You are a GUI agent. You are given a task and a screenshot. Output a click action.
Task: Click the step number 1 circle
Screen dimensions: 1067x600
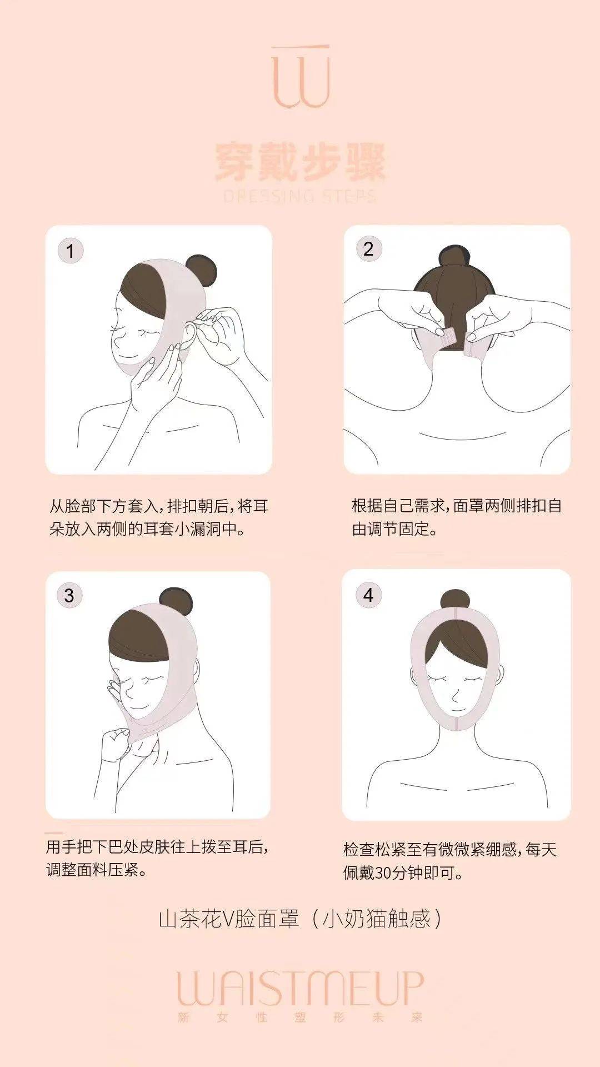(70, 251)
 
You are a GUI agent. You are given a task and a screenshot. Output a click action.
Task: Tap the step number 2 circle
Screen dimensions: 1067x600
(368, 249)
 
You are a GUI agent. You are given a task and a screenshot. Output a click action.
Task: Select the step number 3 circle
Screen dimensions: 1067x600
(69, 596)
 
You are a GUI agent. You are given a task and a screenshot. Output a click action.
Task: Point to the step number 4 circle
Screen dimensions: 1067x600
(368, 595)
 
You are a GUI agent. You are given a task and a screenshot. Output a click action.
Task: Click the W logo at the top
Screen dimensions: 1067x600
(301, 77)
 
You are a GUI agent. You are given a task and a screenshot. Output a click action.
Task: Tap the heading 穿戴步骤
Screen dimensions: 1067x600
(300, 162)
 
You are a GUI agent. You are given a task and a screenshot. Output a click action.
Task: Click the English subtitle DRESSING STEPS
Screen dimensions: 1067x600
(300, 196)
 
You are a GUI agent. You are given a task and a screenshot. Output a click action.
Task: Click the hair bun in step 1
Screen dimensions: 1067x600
(201, 271)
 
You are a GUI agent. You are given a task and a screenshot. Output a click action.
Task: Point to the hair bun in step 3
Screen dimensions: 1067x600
(176, 604)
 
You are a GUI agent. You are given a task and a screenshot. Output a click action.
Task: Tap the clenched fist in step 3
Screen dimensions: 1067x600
(117, 742)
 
